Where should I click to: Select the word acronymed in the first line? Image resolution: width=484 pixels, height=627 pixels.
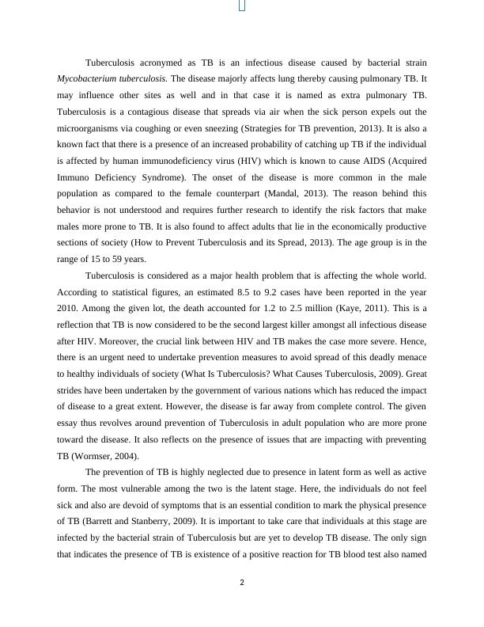click(x=163, y=63)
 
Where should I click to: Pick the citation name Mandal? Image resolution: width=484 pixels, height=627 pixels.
click(x=301, y=193)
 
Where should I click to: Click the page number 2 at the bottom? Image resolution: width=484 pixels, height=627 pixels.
click(x=242, y=583)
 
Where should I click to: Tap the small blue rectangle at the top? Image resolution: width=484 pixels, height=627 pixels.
click(x=242, y=6)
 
